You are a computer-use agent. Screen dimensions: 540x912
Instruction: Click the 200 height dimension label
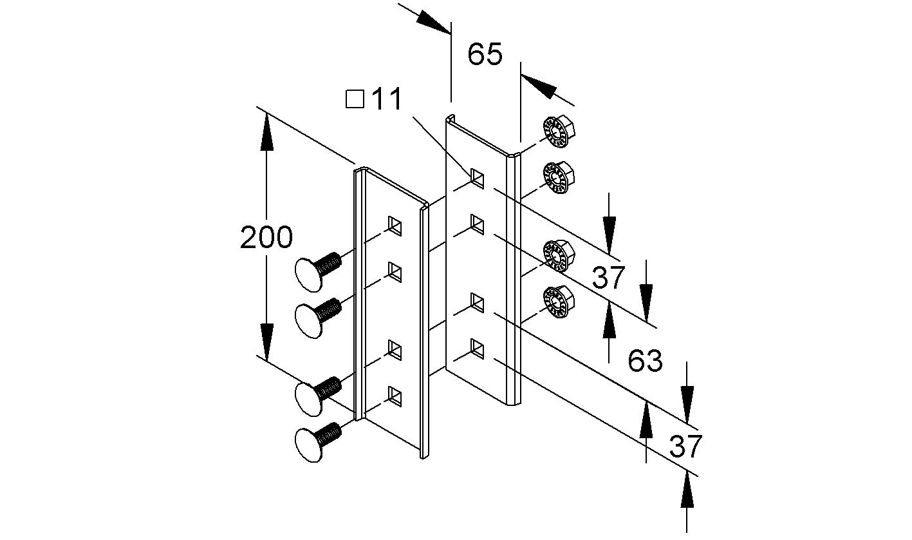click(266, 238)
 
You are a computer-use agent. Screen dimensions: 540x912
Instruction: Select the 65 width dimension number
click(485, 54)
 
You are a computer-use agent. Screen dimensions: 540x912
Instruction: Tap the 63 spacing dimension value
click(645, 361)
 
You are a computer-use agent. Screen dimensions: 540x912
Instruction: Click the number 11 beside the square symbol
click(386, 99)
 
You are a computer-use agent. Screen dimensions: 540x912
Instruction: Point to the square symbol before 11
click(355, 99)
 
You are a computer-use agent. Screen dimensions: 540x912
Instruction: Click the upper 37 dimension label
click(608, 278)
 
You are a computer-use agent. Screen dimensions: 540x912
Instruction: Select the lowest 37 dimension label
click(684, 446)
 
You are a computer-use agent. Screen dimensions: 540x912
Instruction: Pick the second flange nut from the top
click(557, 177)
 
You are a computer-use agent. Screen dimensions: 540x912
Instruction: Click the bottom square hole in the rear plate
click(477, 348)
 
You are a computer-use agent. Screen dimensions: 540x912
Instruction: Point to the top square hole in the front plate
click(395, 225)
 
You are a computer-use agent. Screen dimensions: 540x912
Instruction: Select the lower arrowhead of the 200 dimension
click(265, 343)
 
